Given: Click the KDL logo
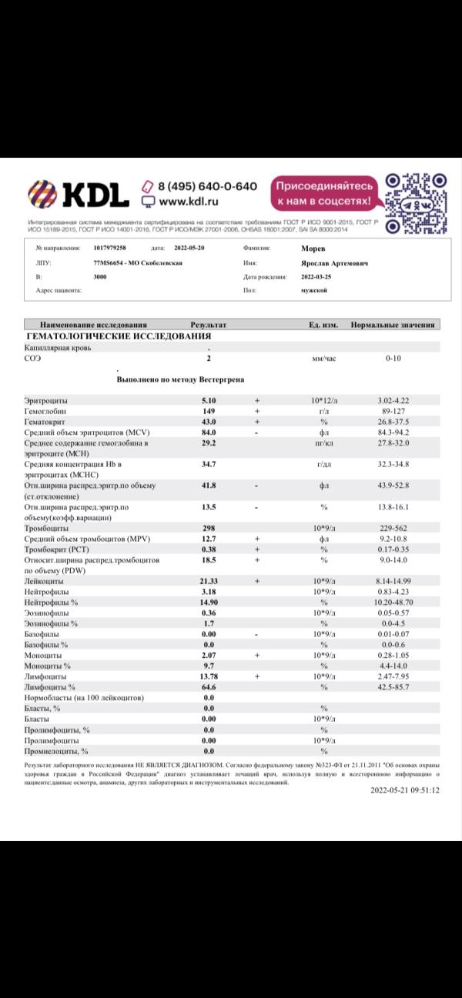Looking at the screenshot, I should pyautogui.click(x=79, y=195).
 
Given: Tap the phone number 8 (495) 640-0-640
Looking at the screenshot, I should pyautogui.click(x=207, y=186).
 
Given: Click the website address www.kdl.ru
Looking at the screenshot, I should pyautogui.click(x=189, y=202).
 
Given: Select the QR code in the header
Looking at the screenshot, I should pyautogui.click(x=413, y=202).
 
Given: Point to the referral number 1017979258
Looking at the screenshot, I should pyautogui.click(x=109, y=249).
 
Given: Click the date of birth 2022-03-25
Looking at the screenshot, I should pyautogui.click(x=318, y=276).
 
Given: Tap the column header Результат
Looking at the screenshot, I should pyautogui.click(x=208, y=325).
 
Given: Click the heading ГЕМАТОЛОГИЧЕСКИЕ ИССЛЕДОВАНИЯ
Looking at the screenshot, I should pyautogui.click(x=119, y=336).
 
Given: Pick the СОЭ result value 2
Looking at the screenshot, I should pyautogui.click(x=209, y=359).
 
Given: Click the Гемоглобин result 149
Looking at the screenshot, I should pyautogui.click(x=209, y=412).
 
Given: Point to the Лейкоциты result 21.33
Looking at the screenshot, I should pyautogui.click(x=209, y=581).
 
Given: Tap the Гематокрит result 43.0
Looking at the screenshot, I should pyautogui.click(x=209, y=422).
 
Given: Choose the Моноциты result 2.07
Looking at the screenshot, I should pyautogui.click(x=209, y=655).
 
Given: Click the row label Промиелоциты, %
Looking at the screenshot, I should pyautogui.click(x=56, y=750).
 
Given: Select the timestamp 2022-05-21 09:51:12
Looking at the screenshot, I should pyautogui.click(x=404, y=789).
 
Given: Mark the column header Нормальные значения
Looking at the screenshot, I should pyautogui.click(x=393, y=325).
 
